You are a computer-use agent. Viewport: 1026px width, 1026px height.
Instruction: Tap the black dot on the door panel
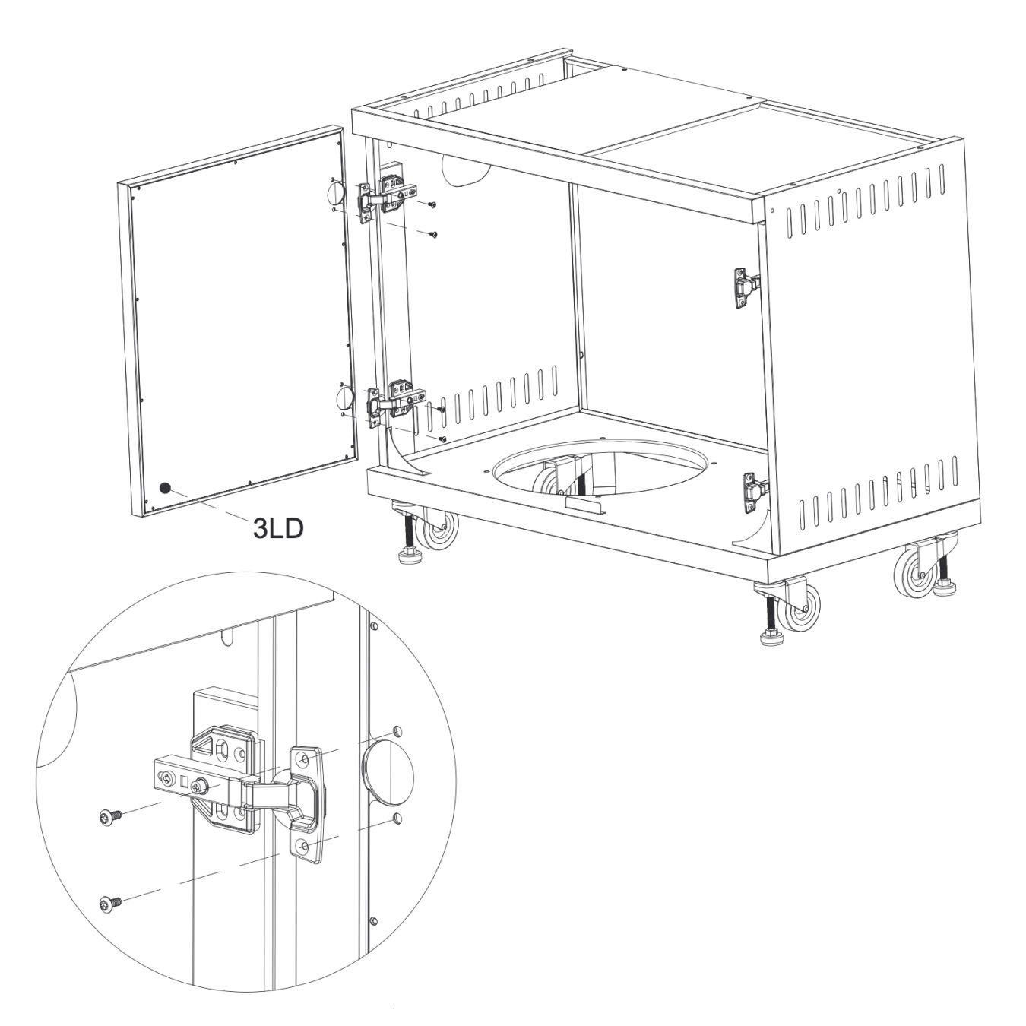coord(165,488)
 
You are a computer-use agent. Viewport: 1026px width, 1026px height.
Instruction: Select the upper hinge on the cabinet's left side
coord(387,197)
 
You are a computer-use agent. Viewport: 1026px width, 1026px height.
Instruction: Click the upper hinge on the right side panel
coord(746,287)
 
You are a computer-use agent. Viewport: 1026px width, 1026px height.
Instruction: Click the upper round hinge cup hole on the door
coord(335,194)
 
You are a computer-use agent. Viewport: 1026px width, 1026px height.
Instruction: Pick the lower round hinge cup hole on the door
coord(344,397)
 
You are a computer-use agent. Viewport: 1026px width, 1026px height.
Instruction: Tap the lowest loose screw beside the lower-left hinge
coord(441,439)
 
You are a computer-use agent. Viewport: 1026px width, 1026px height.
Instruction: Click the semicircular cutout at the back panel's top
coord(464,169)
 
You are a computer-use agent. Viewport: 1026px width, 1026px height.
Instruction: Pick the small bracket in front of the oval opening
coord(584,505)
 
